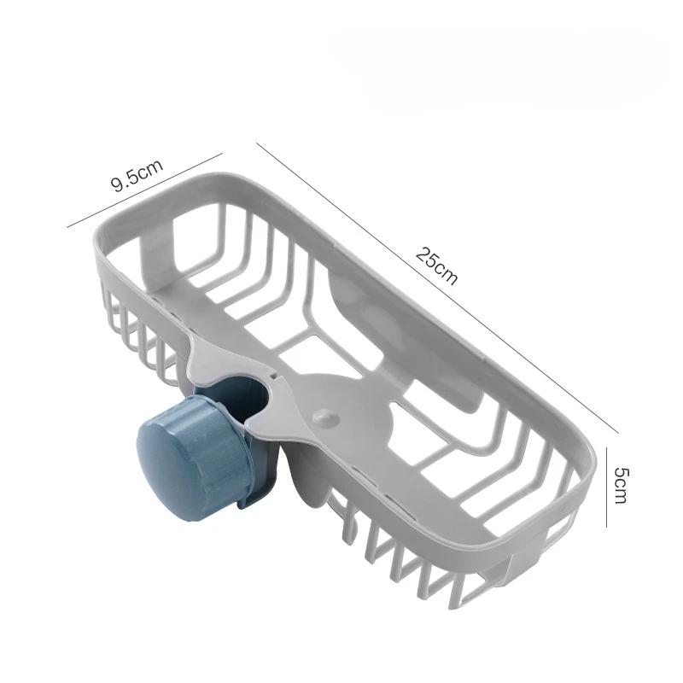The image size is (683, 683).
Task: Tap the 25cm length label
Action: click(x=437, y=266)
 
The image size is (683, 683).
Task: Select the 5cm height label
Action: click(x=621, y=486)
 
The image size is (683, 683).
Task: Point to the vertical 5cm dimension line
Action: click(x=607, y=486)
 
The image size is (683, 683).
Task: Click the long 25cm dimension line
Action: click(x=437, y=288)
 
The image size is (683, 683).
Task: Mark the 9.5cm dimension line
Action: click(x=144, y=190)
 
